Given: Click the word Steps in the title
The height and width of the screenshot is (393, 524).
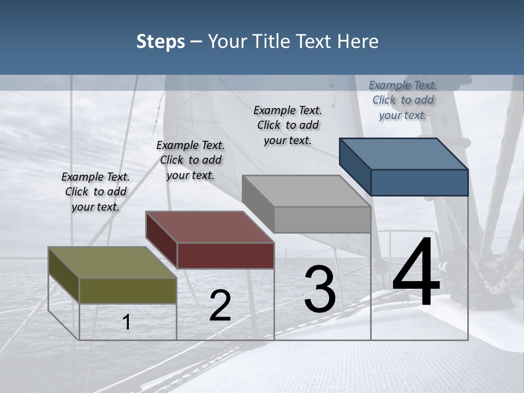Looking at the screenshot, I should coord(160,41).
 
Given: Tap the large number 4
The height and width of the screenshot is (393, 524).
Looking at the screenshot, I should coord(416,272).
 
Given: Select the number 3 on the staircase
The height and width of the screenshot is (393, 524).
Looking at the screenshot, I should coord(320,290).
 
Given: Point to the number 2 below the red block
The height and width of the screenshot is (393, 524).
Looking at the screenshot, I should coord(220,306).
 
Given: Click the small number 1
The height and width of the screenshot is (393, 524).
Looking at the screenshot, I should coord(127,322).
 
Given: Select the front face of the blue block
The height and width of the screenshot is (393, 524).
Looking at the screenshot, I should coord(419,182).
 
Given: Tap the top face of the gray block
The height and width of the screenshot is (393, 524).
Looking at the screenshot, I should coord(306,191).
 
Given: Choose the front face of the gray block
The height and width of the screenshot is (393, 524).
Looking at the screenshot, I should coord(322,219).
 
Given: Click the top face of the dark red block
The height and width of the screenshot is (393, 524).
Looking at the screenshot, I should coord(210,227).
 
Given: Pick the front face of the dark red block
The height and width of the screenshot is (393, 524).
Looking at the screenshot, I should coord(225,255).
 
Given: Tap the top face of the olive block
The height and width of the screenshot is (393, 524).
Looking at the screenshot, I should coord(112,263).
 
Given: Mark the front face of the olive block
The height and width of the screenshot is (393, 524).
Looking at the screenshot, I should coord(128,290).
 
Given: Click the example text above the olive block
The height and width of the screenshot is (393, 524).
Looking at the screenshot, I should coord(96,192).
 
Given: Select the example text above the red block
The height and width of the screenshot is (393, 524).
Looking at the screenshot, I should coord(190,160).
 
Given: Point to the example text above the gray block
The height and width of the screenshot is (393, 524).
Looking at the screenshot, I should coord(288,125).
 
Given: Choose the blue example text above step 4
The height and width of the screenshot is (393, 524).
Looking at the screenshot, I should coord(403,100).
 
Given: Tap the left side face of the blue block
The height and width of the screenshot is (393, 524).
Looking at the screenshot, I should coord(355,166).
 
